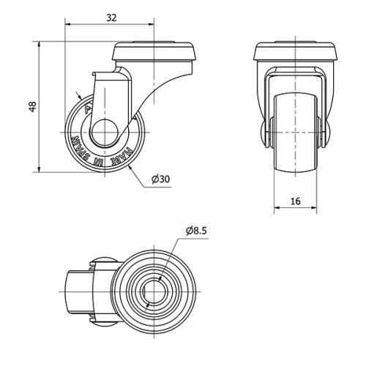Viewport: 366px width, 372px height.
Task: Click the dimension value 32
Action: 111,15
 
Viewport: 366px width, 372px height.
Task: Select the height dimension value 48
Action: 31,107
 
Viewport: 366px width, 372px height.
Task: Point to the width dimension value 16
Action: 296,201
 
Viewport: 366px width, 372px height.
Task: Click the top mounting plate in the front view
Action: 296,52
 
